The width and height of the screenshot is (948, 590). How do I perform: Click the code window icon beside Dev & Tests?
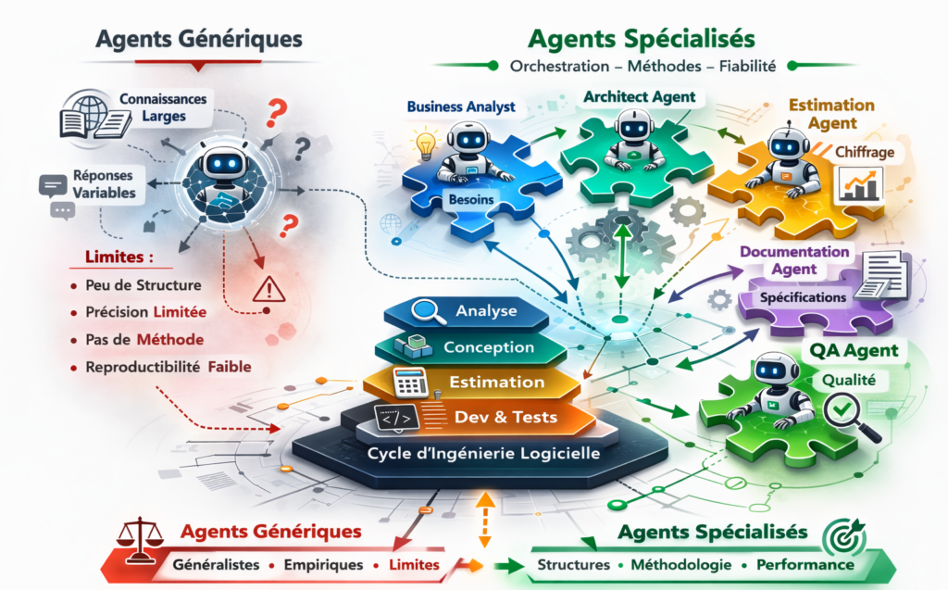[393, 418]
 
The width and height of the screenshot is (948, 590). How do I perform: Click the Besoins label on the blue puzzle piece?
[472, 198]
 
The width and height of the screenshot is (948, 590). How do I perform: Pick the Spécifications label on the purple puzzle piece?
[803, 298]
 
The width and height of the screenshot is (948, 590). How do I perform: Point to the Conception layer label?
[489, 347]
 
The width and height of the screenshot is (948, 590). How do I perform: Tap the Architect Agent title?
[639, 96]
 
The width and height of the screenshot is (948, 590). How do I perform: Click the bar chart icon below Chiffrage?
[859, 184]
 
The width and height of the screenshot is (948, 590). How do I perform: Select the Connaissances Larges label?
[163, 107]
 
